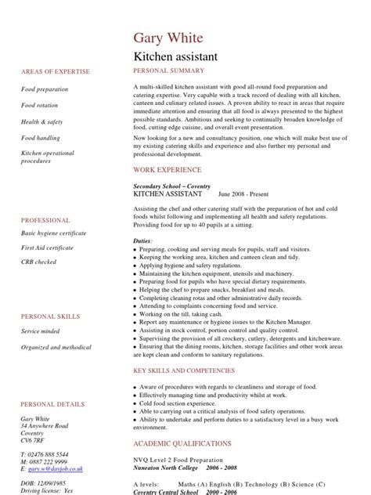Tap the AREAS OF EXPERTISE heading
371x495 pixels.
point(50,71)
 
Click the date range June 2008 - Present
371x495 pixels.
point(247,193)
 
